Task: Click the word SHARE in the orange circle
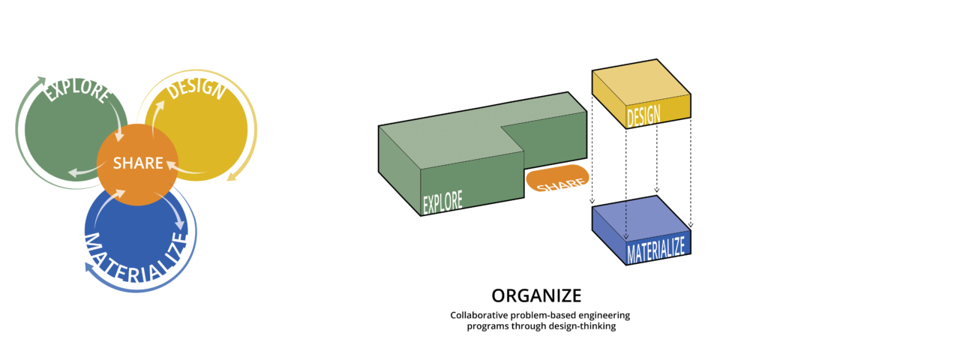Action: coord(138,163)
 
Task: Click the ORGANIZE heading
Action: coord(536,295)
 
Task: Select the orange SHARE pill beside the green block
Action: coord(558,180)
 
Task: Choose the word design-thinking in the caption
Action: coord(583,326)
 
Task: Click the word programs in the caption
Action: coord(488,326)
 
